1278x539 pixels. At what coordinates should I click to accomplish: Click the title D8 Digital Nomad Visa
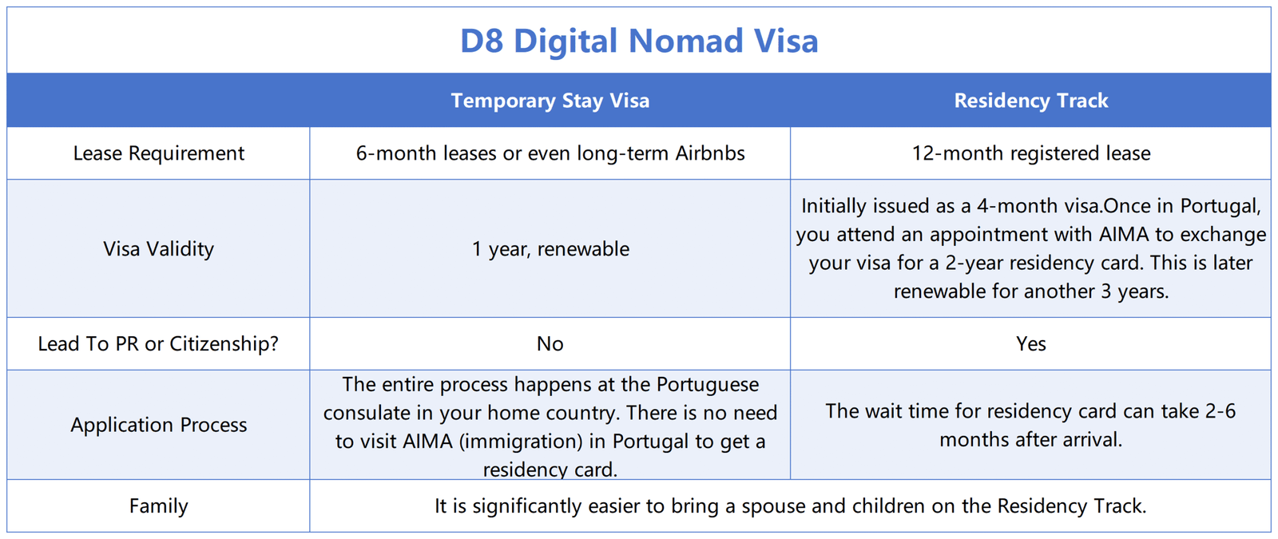(639, 41)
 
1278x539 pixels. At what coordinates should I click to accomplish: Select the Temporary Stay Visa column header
(550, 101)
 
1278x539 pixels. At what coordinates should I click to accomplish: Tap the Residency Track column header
(1031, 101)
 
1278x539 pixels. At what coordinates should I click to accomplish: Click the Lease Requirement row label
(159, 153)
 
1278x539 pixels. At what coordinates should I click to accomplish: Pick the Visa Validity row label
(159, 248)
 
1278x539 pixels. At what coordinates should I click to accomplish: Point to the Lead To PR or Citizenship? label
(159, 343)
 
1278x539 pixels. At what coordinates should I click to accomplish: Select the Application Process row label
(159, 425)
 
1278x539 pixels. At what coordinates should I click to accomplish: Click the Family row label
(159, 506)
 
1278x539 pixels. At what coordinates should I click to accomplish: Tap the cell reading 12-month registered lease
(1031, 153)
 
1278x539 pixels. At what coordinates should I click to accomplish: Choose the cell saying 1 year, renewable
(550, 248)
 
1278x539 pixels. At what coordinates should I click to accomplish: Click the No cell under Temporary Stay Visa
(550, 343)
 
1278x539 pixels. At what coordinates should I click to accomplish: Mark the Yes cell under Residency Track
(1031, 343)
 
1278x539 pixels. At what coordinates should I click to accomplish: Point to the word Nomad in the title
(686, 41)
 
